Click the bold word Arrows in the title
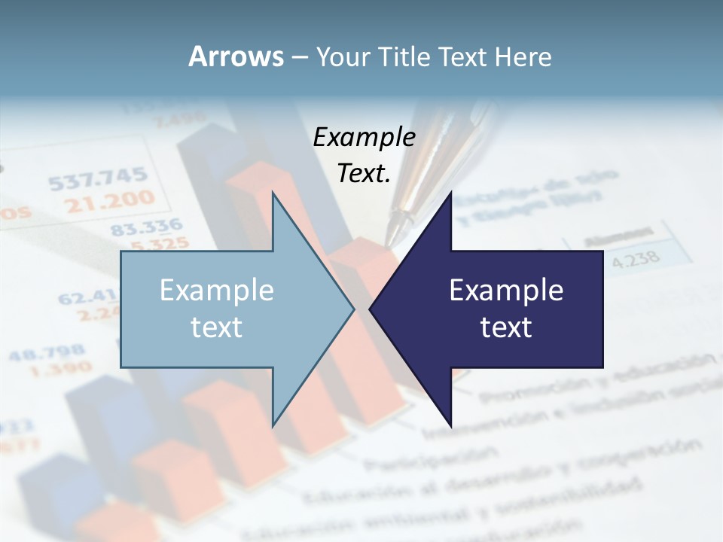point(236,56)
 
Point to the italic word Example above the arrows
point(364,137)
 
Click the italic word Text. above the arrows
point(364,173)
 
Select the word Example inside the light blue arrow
point(217,291)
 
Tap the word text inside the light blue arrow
point(217,327)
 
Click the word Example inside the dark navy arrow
point(506,291)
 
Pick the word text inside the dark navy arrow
point(506,327)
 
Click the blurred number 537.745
point(98,179)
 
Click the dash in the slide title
point(298,57)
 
